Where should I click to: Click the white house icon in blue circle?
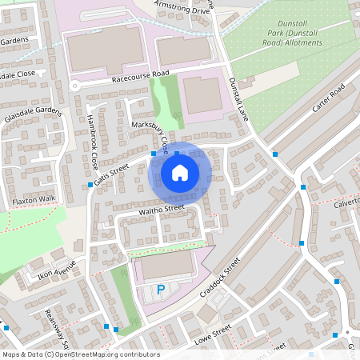(180, 172)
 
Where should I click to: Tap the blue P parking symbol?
(161, 290)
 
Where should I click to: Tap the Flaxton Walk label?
(34, 198)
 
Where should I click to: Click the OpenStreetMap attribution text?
(81, 354)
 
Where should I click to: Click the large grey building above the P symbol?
(166, 266)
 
